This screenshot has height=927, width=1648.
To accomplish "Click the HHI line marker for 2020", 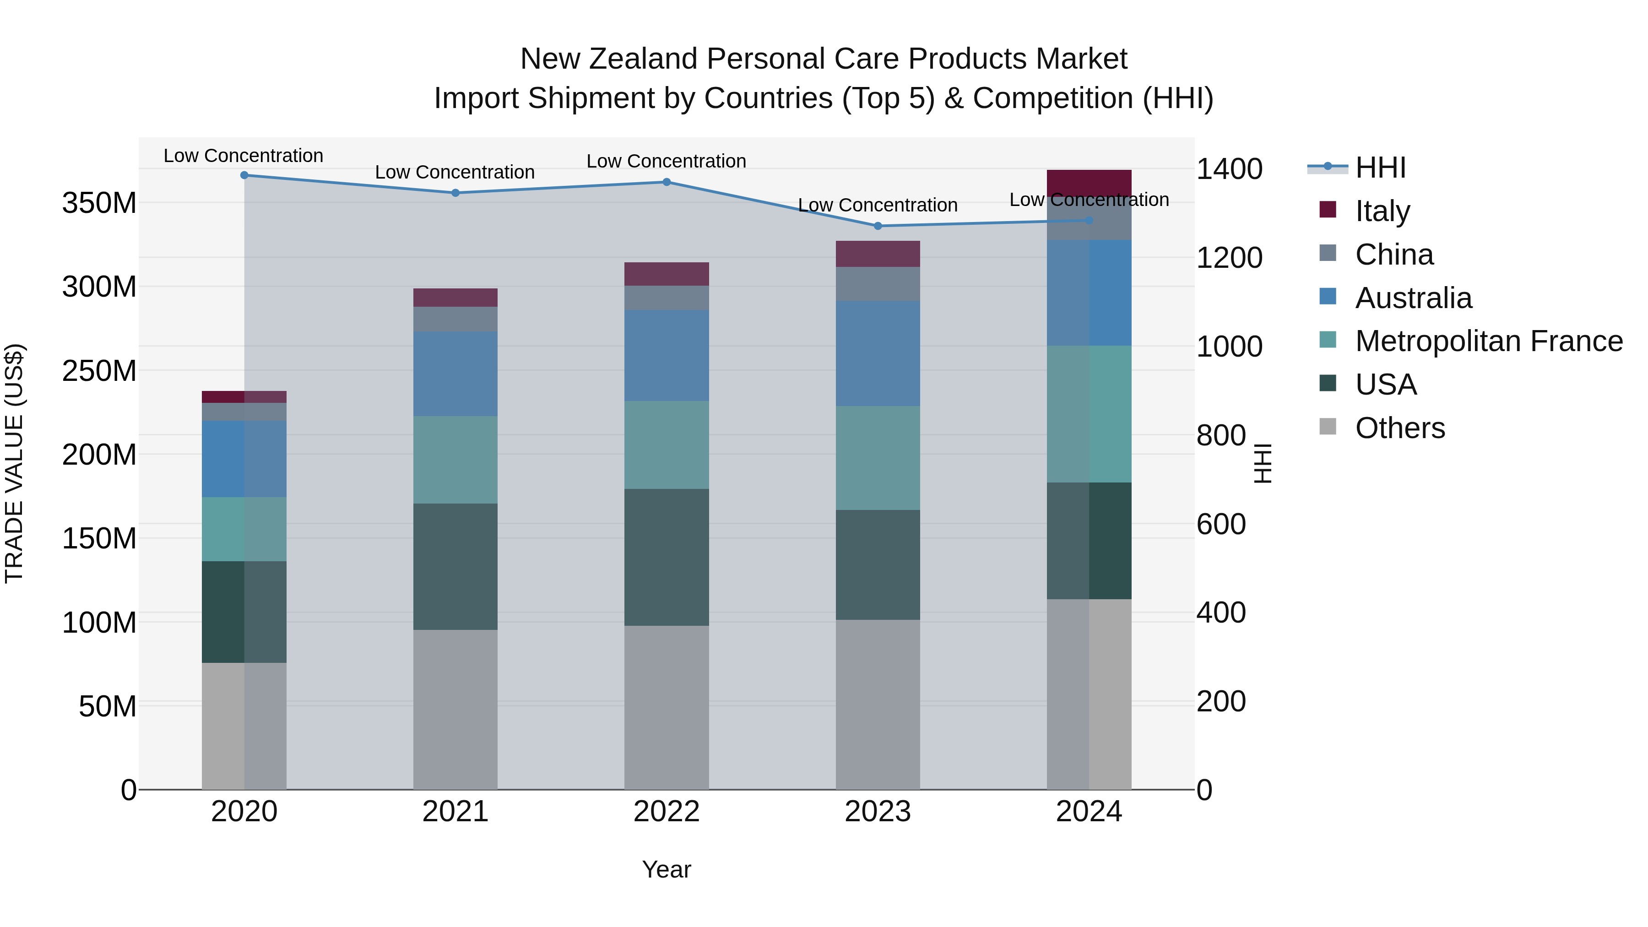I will [x=244, y=175].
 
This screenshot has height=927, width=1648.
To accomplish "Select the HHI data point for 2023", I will [x=878, y=226].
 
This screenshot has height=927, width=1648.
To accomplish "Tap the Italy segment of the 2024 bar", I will [x=1089, y=182].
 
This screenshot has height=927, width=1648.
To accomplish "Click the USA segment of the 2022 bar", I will [x=666, y=557].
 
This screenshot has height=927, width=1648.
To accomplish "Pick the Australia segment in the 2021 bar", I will [x=455, y=374].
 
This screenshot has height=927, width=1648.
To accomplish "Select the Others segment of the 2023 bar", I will [x=878, y=705].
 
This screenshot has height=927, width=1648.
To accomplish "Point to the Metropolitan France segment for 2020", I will [x=244, y=529].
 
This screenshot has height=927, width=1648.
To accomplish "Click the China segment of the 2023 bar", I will [x=878, y=284].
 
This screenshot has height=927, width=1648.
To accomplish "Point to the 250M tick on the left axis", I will [x=99, y=371].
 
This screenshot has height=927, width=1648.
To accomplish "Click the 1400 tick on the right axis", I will [x=1229, y=169].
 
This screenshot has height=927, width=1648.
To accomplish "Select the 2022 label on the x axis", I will [x=666, y=812].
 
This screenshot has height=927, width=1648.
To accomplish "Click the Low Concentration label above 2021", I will [x=455, y=172].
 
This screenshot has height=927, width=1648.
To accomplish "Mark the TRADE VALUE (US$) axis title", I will [x=14, y=463].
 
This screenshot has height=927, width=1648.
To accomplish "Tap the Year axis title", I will [x=666, y=869].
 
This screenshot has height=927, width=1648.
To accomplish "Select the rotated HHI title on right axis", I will [x=1262, y=463].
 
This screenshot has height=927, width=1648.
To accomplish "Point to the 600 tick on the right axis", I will [x=1220, y=524].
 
